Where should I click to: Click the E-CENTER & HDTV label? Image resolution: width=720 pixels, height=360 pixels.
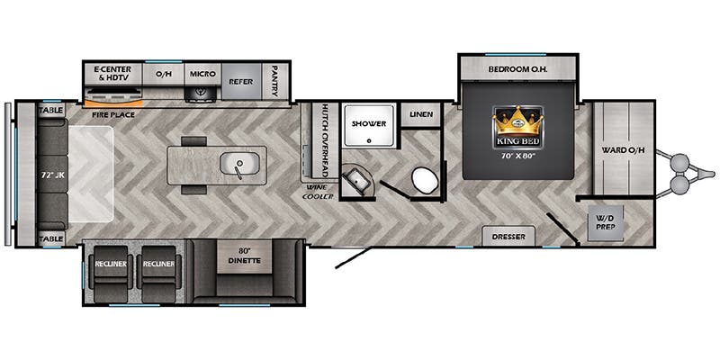[112, 74]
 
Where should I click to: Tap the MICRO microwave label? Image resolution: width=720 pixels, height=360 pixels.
[202, 74]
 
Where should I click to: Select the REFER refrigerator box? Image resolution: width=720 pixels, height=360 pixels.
[241, 81]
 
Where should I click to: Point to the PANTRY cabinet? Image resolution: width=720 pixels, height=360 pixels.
[274, 81]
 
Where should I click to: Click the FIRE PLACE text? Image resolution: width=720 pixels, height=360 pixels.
[113, 114]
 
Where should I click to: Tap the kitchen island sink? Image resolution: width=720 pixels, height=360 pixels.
[239, 163]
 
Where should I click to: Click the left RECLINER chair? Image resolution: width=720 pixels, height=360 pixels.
[110, 274]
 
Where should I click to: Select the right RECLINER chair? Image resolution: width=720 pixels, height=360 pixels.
[158, 274]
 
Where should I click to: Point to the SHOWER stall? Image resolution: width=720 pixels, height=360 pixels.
[369, 125]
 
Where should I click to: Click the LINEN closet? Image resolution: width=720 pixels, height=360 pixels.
[421, 114]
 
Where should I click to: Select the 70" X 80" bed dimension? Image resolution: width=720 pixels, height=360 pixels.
[518, 155]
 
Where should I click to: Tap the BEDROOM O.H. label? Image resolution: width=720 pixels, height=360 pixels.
[518, 70]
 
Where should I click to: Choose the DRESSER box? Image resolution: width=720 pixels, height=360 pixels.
[508, 237]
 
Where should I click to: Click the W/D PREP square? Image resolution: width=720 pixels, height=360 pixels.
[606, 222]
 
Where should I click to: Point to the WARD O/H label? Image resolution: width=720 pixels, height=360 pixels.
[624, 150]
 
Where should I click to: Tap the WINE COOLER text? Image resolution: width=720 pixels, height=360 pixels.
[318, 193]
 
